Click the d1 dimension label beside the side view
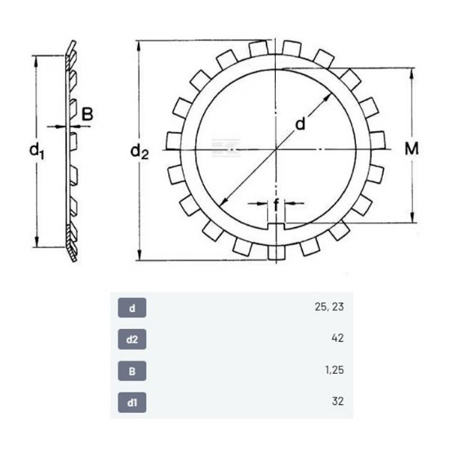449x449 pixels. [37, 152]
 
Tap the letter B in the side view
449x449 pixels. [87, 114]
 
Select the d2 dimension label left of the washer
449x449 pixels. [140, 152]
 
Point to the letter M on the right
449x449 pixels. [411, 149]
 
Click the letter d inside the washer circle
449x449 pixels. [300, 124]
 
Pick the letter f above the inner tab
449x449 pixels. [276, 205]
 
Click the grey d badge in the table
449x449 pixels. [132, 308]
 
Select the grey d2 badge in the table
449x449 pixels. [132, 340]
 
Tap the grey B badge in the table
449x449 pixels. [132, 371]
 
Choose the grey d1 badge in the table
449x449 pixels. [132, 402]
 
